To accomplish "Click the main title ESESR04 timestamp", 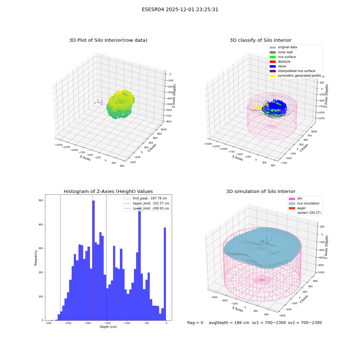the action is [180, 10].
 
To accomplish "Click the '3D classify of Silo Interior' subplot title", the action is [261, 40].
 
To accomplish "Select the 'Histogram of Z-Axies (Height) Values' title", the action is [108, 192].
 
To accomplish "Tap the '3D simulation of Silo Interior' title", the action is [261, 192].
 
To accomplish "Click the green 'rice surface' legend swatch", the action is [273, 57].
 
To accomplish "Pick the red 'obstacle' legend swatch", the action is [273, 62].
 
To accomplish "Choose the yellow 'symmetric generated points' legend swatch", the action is [273, 76].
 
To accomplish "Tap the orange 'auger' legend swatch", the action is [292, 208].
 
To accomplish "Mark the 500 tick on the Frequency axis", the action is [41, 201].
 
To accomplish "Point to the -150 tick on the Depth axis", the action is [107, 323].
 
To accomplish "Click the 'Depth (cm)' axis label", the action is [108, 327].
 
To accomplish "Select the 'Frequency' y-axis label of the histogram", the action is [36, 258].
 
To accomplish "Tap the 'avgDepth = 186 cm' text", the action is [229, 323].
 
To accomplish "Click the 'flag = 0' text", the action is [195, 323].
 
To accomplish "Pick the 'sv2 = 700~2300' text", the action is [305, 323].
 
